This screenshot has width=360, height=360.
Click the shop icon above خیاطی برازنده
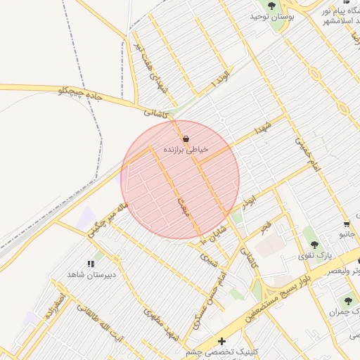(x=186, y=139)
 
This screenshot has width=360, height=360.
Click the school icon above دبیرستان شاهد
(x=90, y=264)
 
